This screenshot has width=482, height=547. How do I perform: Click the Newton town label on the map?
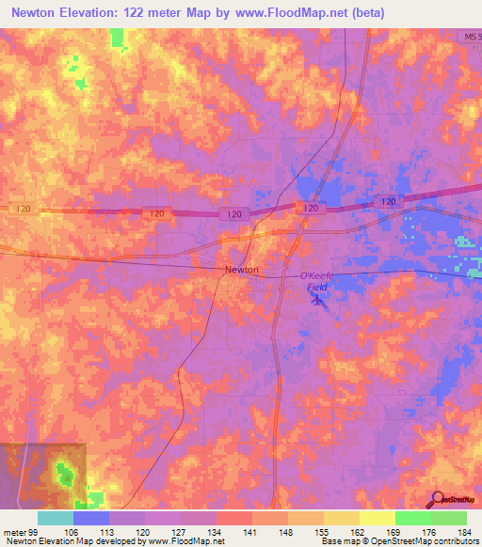[x=241, y=270]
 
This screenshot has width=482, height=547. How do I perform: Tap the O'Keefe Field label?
[x=317, y=279]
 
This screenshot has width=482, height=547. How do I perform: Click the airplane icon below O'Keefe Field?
[x=316, y=300]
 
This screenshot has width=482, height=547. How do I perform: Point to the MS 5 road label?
[x=472, y=36]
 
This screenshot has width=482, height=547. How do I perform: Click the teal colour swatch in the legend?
[x=56, y=518]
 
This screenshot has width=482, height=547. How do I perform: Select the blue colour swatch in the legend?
[x=91, y=518]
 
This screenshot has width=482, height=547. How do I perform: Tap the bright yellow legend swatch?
[x=378, y=518]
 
